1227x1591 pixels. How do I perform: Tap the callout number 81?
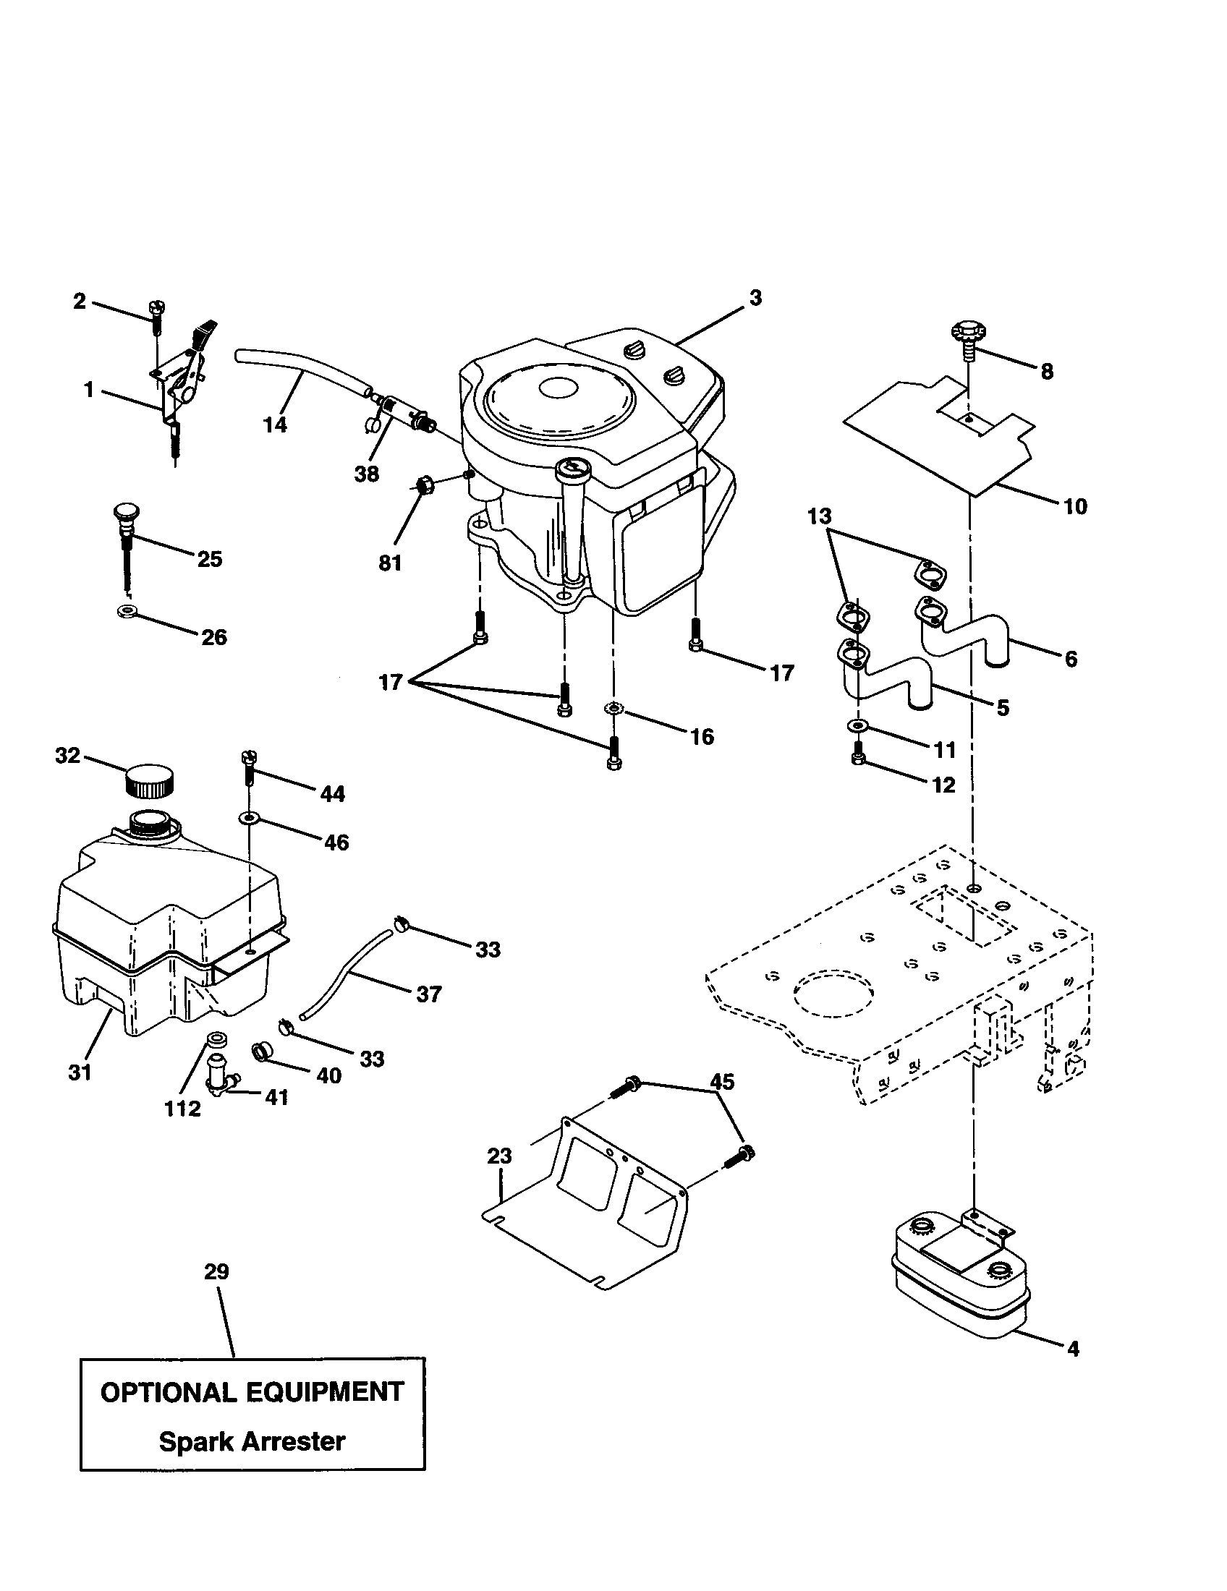pos(390,563)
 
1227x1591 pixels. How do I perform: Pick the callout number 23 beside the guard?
pos(499,1156)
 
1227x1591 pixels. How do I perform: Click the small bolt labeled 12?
pos(857,759)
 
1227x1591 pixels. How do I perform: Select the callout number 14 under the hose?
pos(275,425)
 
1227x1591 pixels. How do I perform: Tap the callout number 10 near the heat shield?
pos(1075,506)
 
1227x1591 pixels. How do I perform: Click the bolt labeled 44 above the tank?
pos(247,768)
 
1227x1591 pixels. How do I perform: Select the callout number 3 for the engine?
pos(755,298)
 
